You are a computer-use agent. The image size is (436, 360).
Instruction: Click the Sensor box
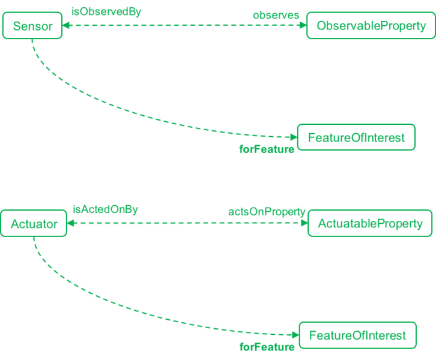32,26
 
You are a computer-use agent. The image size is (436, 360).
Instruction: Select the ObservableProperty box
371,26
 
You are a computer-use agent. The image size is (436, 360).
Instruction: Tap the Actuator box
34,224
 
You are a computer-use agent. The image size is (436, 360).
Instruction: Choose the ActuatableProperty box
370,224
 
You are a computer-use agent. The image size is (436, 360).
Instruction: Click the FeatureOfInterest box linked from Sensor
356,137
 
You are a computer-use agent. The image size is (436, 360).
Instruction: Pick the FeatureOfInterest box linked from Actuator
357,335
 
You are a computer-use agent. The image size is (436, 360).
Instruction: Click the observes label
276,15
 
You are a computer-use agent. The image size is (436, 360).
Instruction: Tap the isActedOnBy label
106,209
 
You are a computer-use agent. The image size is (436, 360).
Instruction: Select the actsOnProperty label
267,212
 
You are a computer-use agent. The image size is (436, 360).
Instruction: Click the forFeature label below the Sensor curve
267,149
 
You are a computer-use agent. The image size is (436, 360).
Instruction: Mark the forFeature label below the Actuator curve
267,346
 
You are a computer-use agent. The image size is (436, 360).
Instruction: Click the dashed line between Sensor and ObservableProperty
180,26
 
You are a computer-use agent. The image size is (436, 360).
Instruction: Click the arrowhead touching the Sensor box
68,26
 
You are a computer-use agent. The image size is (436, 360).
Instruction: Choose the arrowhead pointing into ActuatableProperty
303,224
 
